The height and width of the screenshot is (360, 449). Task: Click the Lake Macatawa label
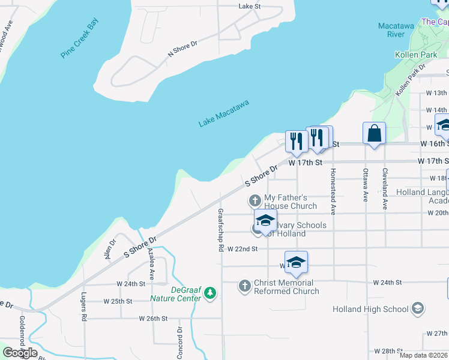223,114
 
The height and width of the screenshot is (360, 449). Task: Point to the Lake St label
249,6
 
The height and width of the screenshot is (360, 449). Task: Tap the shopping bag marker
374,133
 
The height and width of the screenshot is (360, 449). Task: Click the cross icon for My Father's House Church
255,199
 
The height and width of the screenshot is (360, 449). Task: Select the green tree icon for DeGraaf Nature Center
209,293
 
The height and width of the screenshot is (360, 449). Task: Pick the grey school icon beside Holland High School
418,309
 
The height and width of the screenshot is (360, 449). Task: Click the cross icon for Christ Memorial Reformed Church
244,286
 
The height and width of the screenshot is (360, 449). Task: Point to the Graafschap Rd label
221,230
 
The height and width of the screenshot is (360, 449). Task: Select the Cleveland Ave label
385,188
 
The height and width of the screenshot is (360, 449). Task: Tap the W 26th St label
153,318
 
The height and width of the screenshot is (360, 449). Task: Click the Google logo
20,353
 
